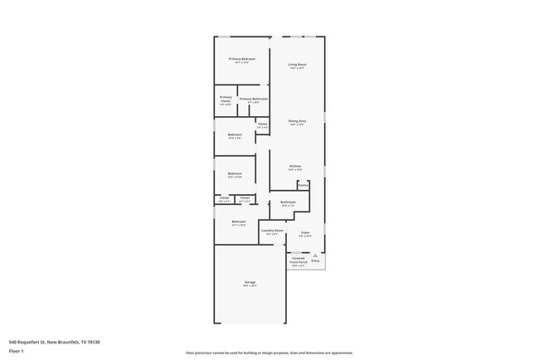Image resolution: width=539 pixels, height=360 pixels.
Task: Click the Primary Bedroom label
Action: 241,59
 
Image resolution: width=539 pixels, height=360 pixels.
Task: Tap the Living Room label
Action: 297,65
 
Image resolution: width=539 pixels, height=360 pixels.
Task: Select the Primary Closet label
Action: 226,99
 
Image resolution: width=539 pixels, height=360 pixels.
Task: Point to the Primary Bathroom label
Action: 254,99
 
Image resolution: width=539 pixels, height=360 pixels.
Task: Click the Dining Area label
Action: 297,121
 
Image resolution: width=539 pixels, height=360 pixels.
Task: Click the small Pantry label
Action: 303,186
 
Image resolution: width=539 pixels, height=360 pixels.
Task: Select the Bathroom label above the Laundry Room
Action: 288,202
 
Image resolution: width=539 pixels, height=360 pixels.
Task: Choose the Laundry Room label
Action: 273,231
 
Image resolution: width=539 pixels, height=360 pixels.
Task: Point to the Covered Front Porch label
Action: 298,260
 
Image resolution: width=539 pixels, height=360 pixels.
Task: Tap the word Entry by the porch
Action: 315,260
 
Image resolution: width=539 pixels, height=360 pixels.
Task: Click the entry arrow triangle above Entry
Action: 315,255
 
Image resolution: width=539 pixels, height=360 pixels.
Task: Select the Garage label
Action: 250,283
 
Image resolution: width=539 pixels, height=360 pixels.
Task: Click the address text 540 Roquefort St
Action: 27,341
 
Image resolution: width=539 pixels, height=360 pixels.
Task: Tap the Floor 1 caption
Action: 16,351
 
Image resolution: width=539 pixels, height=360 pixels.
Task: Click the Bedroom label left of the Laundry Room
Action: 239,221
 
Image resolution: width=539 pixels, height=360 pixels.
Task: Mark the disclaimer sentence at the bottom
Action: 269,352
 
